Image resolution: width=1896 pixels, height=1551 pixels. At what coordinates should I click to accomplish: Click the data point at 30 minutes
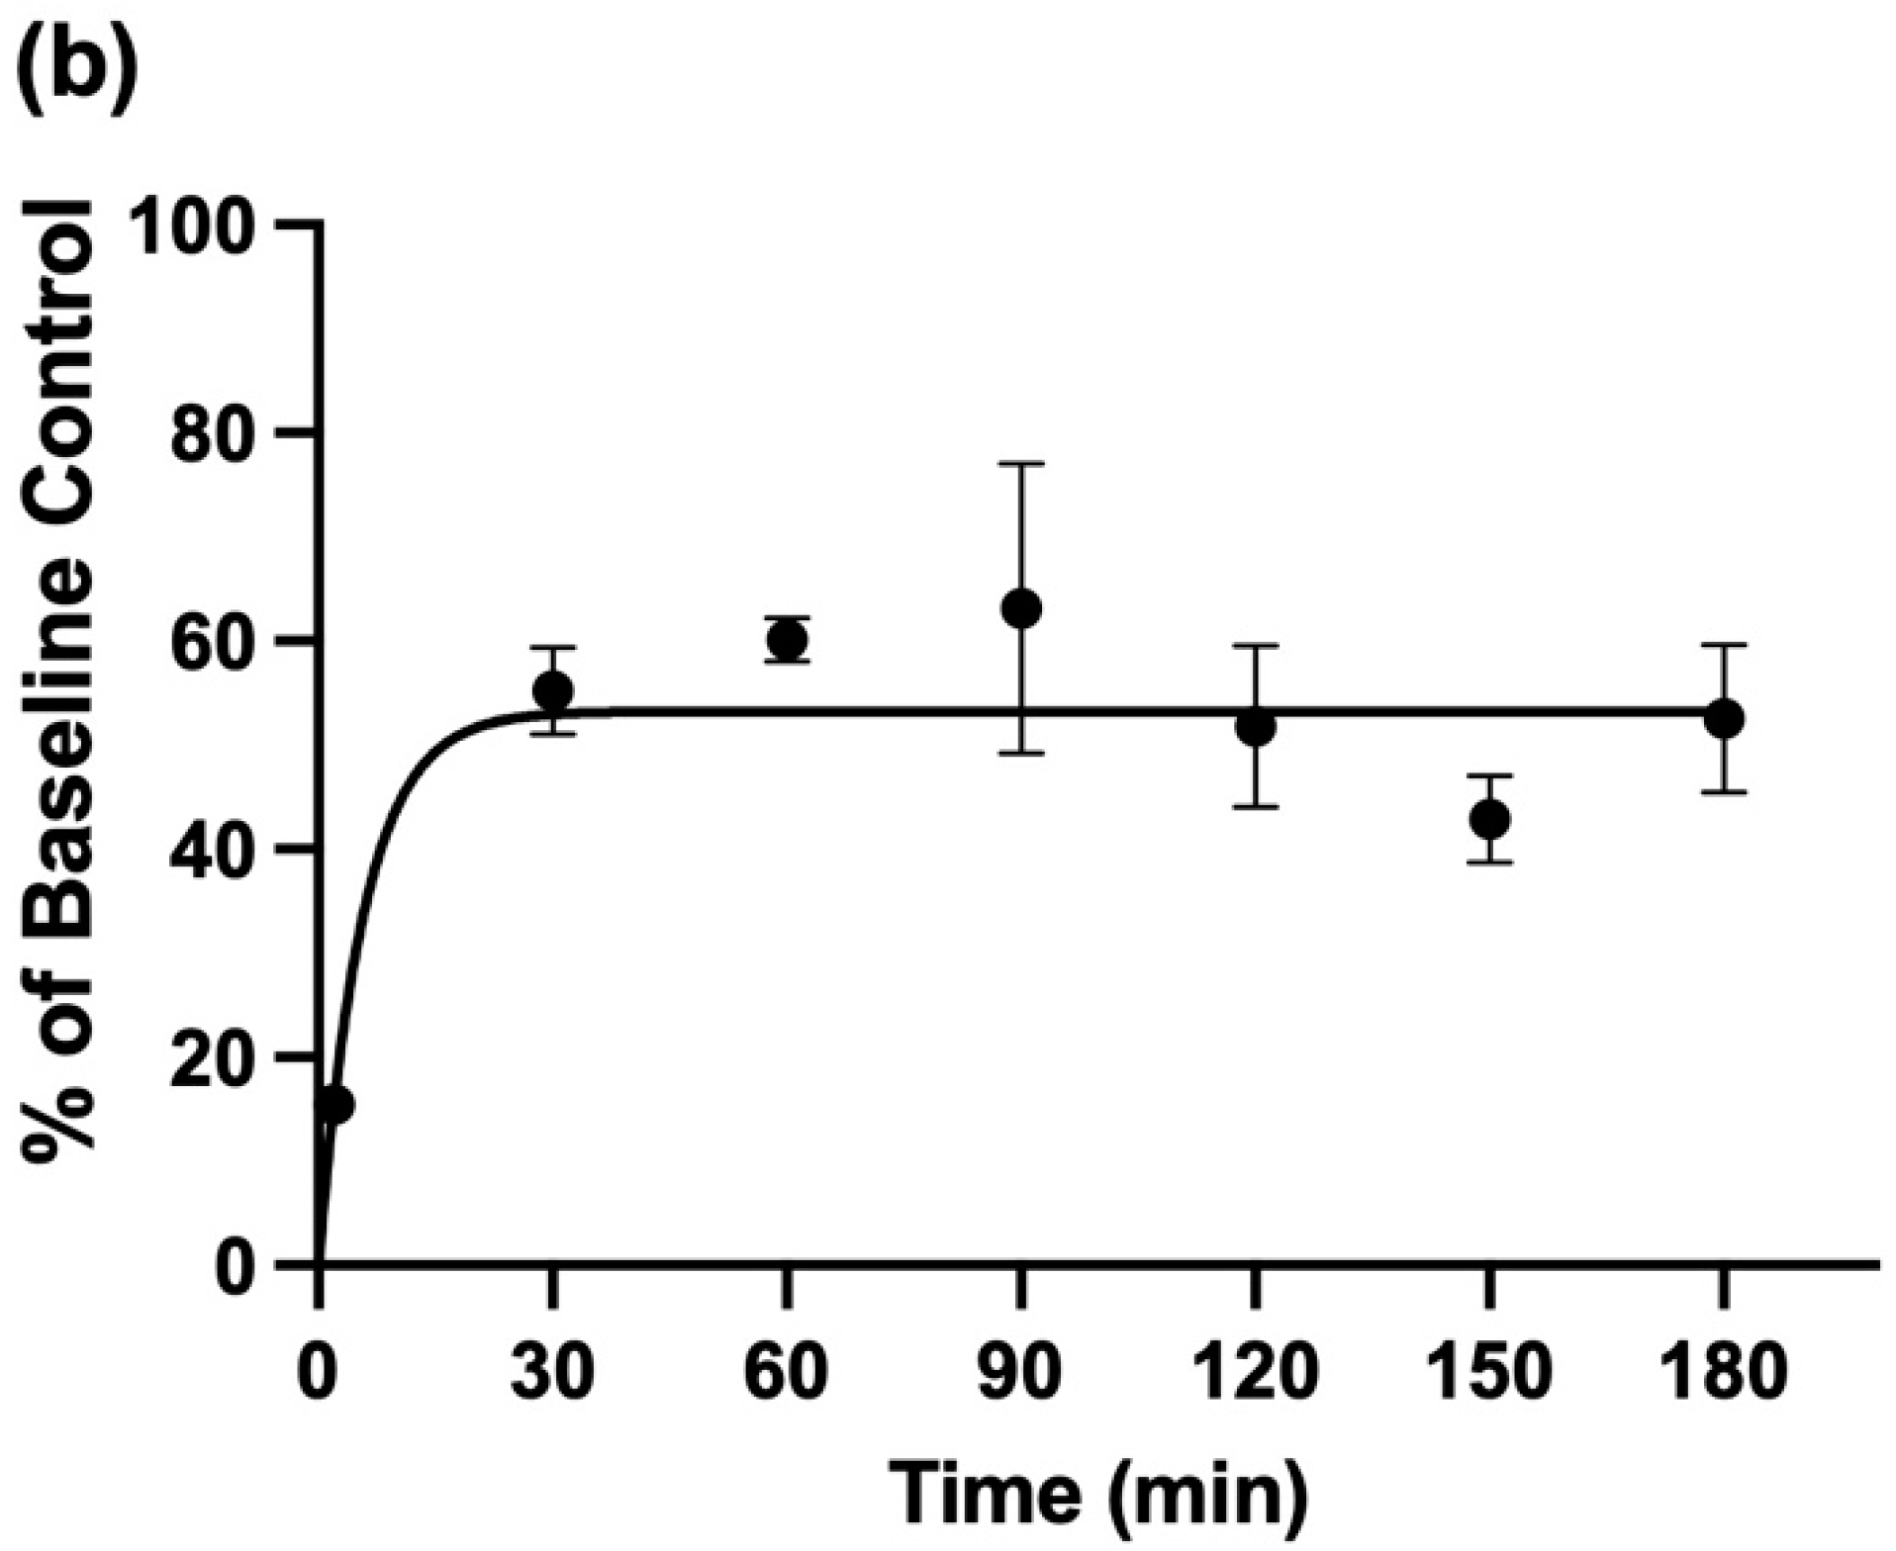coord(552,690)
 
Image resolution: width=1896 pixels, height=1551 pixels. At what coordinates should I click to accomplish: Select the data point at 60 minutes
coord(787,640)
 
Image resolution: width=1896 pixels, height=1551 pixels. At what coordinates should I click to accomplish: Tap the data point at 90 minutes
coord(1021,608)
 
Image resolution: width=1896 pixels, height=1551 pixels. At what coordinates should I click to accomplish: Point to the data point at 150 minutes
coord(1489,819)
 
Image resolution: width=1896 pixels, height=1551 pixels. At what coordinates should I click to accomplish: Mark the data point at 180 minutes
coord(1724,718)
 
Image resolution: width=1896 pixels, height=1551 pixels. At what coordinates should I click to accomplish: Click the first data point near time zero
coord(334,1104)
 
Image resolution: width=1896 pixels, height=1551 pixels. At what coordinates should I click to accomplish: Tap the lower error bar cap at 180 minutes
coord(1724,791)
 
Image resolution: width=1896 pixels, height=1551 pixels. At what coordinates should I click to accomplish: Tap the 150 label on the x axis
coord(1489,1373)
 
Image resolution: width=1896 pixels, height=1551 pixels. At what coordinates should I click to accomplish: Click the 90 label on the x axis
coord(1021,1373)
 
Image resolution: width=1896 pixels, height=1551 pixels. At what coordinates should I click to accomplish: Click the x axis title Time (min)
coord(1098,1492)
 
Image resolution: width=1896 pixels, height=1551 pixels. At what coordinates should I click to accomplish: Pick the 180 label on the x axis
coord(1724,1373)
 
